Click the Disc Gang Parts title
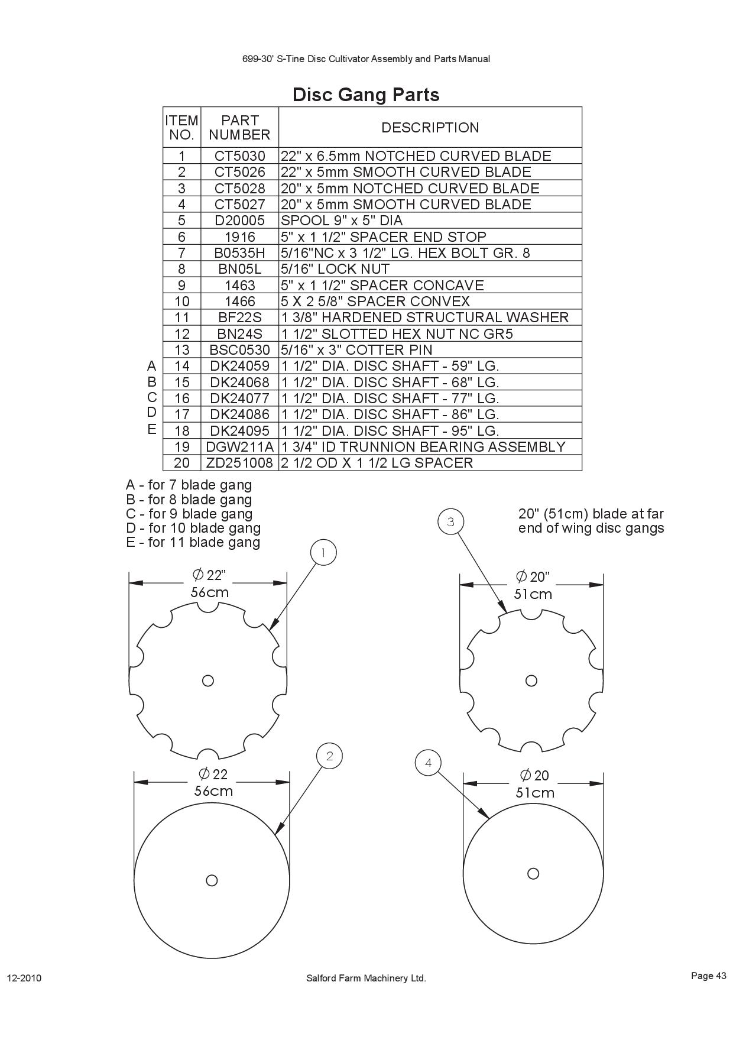point(366,95)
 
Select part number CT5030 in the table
point(239,156)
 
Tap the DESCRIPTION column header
point(430,128)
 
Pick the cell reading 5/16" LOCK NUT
point(335,269)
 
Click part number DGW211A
point(239,447)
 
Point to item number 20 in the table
point(181,463)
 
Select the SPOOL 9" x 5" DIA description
point(342,221)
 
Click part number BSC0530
point(239,350)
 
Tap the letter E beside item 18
point(152,429)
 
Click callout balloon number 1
point(323,553)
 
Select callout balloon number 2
point(329,756)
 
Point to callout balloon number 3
point(450,522)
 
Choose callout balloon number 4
point(428,763)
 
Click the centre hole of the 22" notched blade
point(207,680)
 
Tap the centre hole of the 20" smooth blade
point(533,873)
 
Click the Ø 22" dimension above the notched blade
point(209,575)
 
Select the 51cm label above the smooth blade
point(535,793)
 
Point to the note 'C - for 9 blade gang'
point(189,514)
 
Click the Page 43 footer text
point(708,976)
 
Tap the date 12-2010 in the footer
point(24,978)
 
